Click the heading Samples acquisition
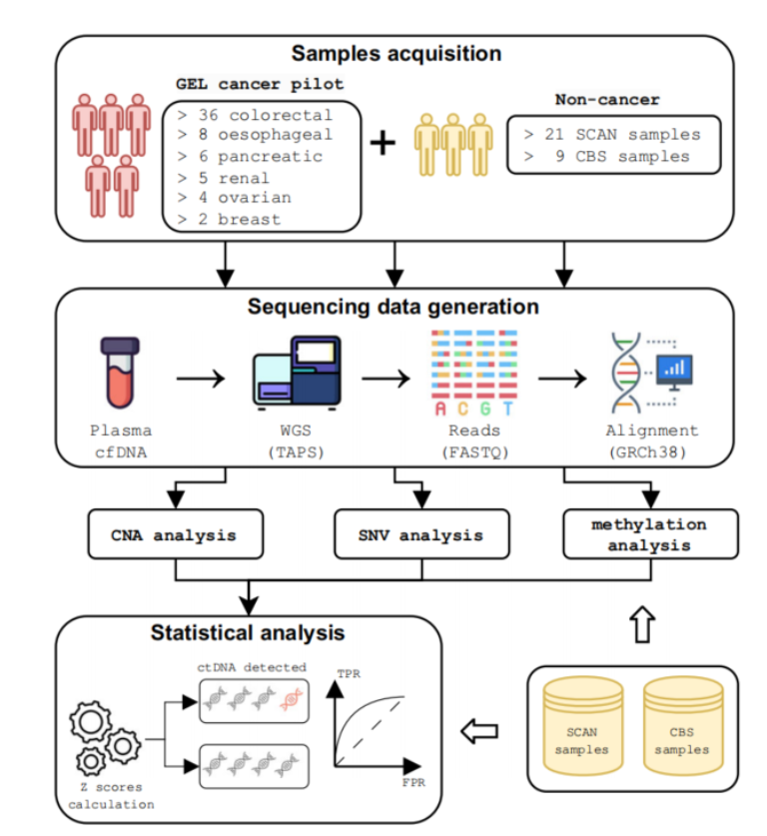(x=395, y=53)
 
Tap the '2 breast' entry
(x=230, y=219)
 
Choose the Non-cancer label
(x=607, y=100)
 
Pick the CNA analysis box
(x=174, y=534)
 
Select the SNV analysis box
(x=421, y=534)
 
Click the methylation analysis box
(x=649, y=534)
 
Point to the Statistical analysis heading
(x=248, y=632)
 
